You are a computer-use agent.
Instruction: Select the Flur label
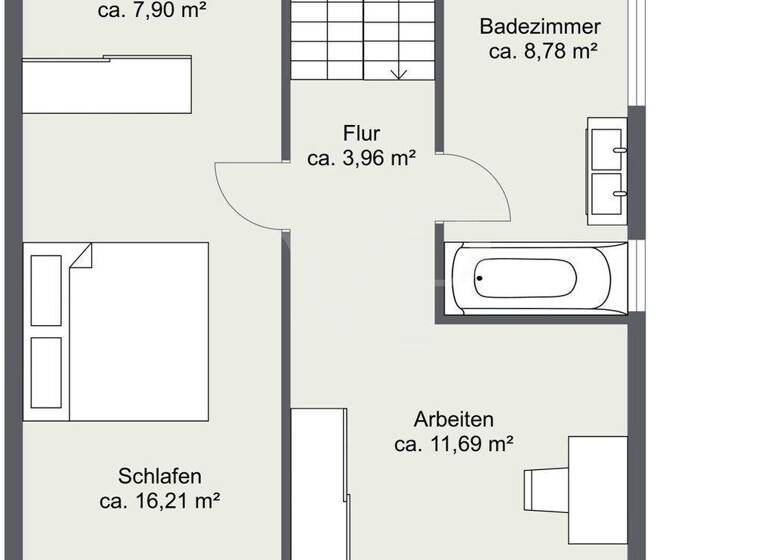pos(361,132)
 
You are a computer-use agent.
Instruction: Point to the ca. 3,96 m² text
pos(361,158)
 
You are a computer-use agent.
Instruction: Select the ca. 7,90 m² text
pos(152,12)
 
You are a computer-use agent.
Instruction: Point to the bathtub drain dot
pos(480,279)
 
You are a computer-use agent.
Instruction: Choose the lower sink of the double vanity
pos(607,192)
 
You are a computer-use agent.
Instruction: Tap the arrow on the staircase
pos(400,72)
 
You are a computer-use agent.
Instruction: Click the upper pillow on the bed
pos(46,291)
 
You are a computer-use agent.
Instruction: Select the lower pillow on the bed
pos(46,372)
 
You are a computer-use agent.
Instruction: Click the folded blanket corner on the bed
pos(80,257)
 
